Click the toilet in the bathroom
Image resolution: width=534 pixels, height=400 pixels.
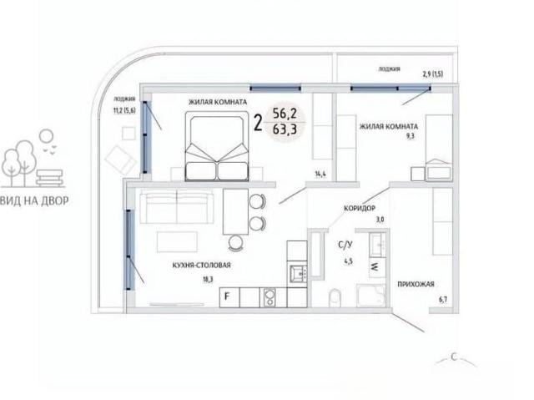335,298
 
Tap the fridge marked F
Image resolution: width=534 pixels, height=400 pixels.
229,297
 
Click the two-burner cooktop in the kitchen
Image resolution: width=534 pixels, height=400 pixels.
270,297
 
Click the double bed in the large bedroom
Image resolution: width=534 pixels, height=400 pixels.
217,146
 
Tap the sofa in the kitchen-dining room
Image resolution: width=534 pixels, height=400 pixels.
176,207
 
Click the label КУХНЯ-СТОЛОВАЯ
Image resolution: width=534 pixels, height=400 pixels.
201,265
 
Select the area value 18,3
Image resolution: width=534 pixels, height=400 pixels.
208,280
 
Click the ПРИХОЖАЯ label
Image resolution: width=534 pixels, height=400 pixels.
416,284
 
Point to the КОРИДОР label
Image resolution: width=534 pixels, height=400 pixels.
360,208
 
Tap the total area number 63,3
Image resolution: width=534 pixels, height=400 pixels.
285,129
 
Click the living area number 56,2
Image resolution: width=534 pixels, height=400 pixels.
285,113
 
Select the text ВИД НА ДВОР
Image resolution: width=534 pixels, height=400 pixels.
34,200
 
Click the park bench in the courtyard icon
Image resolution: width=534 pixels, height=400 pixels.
50,178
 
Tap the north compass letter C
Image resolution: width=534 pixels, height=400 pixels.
454,357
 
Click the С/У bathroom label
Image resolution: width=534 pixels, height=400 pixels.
345,245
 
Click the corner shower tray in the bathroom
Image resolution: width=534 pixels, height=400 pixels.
370,295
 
